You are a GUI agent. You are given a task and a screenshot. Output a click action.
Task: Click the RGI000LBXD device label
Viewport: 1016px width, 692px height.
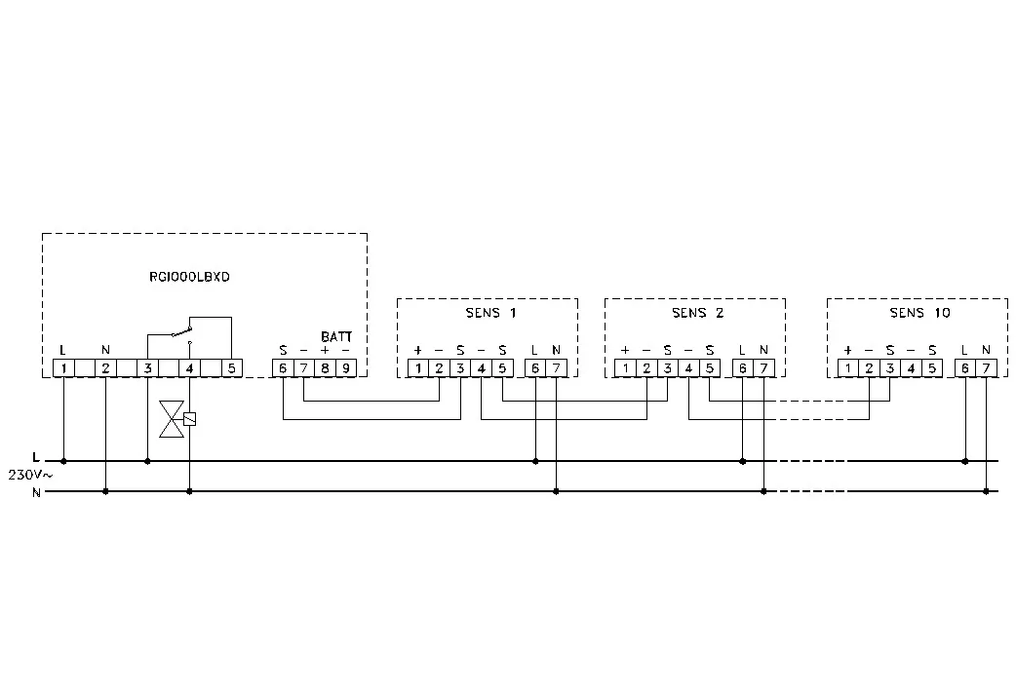pos(189,277)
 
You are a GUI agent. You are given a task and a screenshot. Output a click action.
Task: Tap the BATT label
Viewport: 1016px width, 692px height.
pos(336,337)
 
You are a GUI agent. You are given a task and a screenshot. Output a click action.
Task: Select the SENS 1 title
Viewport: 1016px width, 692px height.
pos(490,313)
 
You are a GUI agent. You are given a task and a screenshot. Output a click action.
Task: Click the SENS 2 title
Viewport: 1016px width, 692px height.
pos(697,313)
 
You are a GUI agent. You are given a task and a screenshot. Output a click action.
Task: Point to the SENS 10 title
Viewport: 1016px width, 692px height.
pos(919,313)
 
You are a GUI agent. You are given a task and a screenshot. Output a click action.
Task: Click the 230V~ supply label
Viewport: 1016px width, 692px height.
pos(30,475)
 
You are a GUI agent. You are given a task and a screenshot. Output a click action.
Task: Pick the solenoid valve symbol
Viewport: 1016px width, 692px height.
pos(176,419)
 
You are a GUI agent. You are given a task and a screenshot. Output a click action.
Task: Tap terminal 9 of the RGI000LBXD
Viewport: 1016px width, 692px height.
pos(346,368)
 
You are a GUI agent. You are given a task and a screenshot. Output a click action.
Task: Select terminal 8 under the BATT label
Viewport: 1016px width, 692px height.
pos(326,368)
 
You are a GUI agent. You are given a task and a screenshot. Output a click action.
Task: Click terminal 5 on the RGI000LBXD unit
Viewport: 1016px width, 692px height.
pos(232,368)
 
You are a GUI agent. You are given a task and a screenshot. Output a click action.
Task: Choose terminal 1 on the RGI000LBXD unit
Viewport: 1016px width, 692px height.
pos(63,368)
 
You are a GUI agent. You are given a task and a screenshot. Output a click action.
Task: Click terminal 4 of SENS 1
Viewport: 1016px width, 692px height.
pos(482,368)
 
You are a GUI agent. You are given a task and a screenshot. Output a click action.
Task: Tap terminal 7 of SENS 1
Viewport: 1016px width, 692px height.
pos(557,368)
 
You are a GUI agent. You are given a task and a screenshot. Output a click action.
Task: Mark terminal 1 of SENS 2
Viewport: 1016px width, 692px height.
pos(625,368)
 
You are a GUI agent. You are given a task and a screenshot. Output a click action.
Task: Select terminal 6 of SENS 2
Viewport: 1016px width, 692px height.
pos(743,368)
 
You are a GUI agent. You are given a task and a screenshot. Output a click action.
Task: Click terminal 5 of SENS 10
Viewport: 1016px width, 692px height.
pos(932,368)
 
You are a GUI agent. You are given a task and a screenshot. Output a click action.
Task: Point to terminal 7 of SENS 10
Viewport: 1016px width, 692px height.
pos(986,368)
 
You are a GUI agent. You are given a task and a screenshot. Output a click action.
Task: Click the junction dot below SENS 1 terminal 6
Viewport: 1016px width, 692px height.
pos(535,461)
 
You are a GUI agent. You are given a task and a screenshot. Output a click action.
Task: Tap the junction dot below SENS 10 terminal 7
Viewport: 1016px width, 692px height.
pos(986,491)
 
